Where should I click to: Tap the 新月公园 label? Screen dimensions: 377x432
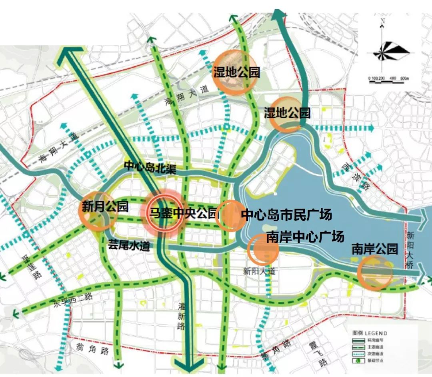point(105,207)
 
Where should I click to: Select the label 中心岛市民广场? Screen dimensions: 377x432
point(286,215)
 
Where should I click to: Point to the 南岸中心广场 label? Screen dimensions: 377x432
point(305,237)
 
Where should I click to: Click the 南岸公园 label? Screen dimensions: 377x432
point(375,249)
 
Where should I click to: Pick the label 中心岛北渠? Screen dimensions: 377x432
point(150,167)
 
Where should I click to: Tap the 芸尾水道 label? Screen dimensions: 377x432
point(129,246)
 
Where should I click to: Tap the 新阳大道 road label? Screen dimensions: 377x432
point(260,271)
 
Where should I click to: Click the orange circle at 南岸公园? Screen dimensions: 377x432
point(375,272)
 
